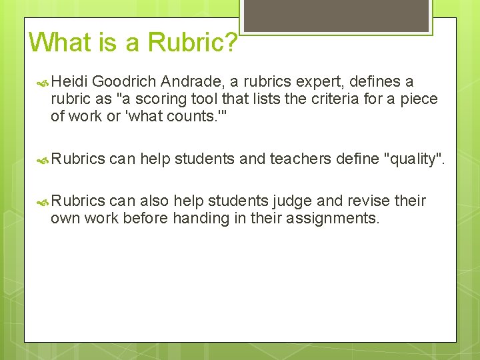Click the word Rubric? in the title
pyautogui.click(x=192, y=43)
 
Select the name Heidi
pyautogui.click(x=69, y=81)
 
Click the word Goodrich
pyautogui.click(x=125, y=81)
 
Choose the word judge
pyautogui.click(x=295, y=201)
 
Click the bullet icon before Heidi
pyautogui.click(x=42, y=82)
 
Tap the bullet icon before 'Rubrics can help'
pyautogui.click(x=42, y=159)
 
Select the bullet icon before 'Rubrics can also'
pyautogui.click(x=42, y=202)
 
